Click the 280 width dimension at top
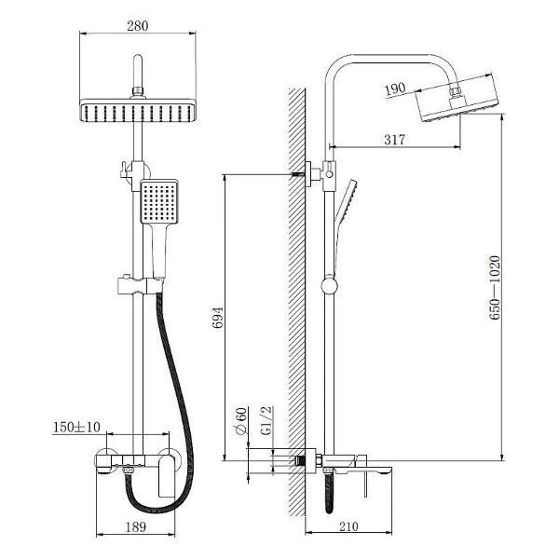139,26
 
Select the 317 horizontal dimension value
394,139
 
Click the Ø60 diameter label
239,422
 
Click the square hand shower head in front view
157,202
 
